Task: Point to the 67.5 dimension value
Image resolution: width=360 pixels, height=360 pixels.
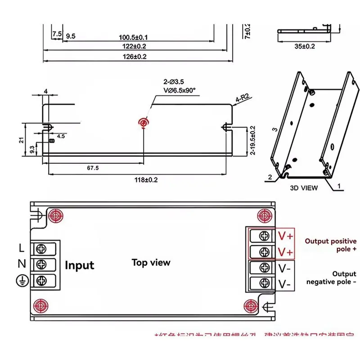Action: pos(92,168)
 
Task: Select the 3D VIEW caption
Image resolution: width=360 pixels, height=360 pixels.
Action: pos(303,188)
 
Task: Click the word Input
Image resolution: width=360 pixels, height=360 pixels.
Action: pos(80,265)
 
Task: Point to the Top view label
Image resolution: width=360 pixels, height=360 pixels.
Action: pos(151,262)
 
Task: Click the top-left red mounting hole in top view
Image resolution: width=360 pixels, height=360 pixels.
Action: pos(55,216)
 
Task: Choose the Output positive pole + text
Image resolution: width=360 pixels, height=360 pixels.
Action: pos(330,245)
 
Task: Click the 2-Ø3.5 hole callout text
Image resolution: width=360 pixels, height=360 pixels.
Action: pos(173,82)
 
